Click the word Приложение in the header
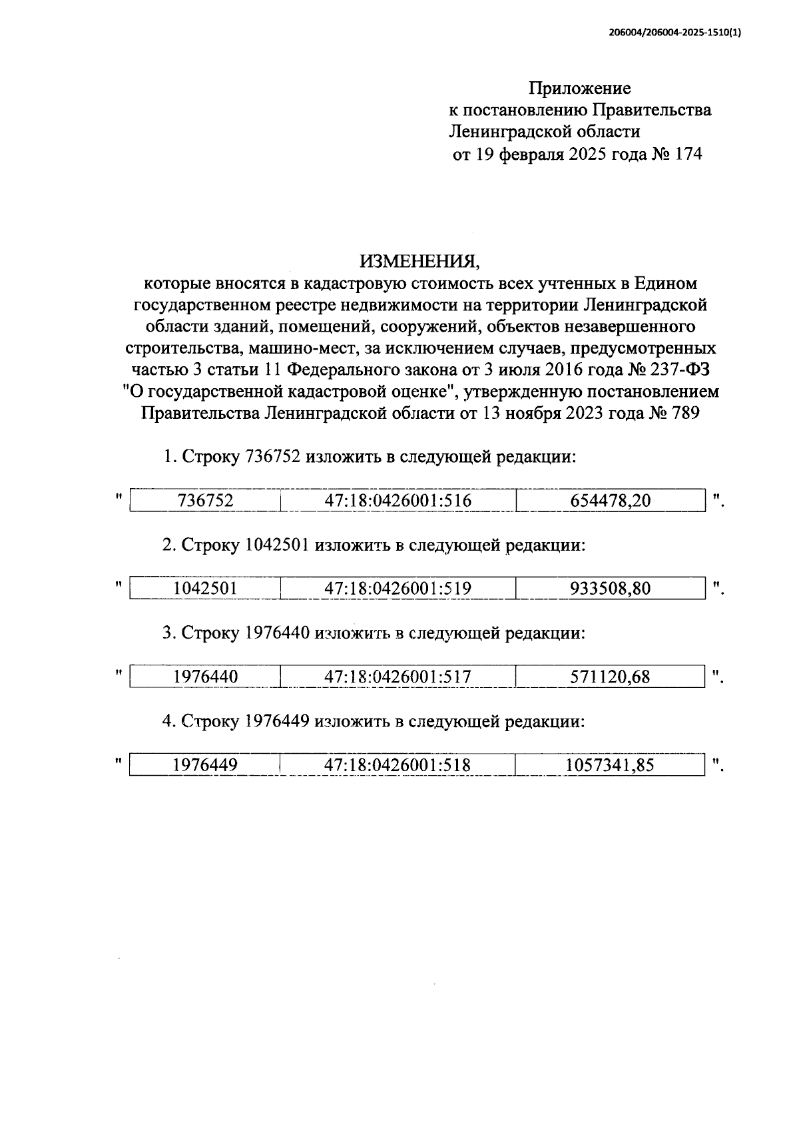[579, 88]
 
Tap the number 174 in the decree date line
[688, 154]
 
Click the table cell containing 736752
[206, 501]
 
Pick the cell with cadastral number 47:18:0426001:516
[398, 501]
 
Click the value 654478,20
[610, 501]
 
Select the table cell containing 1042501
[206, 589]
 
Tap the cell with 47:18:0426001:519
[398, 589]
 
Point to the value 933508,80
[610, 589]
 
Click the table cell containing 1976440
[206, 677]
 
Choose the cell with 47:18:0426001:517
[398, 677]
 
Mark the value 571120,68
[610, 677]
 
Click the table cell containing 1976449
[206, 765]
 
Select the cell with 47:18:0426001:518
[398, 765]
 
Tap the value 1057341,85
[610, 765]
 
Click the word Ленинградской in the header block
[511, 132]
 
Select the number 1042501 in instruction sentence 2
[277, 545]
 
